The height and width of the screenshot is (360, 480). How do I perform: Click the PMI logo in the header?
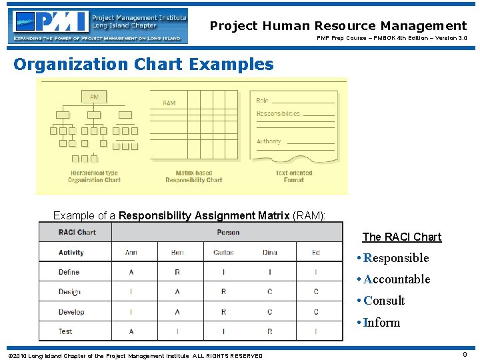click(x=50, y=21)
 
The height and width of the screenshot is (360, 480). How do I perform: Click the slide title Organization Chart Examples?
click(x=143, y=65)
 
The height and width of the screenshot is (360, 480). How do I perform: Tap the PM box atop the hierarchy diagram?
click(x=94, y=97)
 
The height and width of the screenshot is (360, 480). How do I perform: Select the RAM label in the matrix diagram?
click(x=169, y=103)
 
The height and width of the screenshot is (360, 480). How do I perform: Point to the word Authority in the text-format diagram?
click(x=269, y=141)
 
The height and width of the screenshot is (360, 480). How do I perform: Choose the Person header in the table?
click(x=227, y=232)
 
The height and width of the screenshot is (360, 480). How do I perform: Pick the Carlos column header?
click(x=223, y=253)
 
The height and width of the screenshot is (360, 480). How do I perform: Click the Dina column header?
click(x=270, y=253)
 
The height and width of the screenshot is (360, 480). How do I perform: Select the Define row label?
click(x=69, y=272)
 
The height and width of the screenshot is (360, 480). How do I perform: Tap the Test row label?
click(x=65, y=331)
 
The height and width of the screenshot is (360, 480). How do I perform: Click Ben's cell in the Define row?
click(x=177, y=272)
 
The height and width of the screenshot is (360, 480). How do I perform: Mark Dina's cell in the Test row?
click(x=270, y=331)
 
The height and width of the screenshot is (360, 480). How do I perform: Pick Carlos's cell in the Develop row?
click(x=223, y=312)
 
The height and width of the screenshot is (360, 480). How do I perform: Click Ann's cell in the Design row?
click(x=131, y=292)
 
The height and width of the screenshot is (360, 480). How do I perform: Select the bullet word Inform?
click(x=381, y=323)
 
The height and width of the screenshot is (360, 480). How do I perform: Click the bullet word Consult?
click(x=384, y=301)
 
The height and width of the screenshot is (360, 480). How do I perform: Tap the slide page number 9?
click(x=465, y=355)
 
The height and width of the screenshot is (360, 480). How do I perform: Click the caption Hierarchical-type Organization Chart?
click(x=94, y=177)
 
